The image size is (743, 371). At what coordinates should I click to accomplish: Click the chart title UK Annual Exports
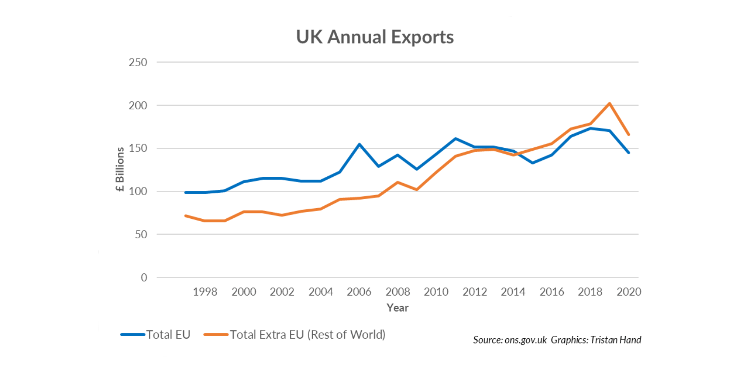click(x=375, y=37)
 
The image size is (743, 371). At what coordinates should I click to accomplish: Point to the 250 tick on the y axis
click(x=138, y=62)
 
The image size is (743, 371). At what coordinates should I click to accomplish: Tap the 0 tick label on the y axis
click(x=144, y=278)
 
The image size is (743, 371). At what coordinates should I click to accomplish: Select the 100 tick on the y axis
click(x=138, y=192)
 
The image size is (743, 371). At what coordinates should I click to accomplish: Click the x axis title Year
click(x=397, y=308)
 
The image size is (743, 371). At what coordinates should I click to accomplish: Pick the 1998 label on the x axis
click(x=205, y=292)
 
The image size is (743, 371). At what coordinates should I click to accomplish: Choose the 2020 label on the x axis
click(x=629, y=292)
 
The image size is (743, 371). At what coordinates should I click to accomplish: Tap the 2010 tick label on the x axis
click(x=436, y=292)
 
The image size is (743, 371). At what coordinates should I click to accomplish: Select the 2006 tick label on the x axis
click(x=359, y=292)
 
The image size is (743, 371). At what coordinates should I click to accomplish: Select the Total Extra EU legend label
click(x=308, y=334)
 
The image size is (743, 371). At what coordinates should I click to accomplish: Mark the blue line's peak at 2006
click(x=359, y=144)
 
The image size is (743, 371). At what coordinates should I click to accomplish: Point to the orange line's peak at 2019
click(x=610, y=103)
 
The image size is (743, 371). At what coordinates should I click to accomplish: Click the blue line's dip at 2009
click(x=416, y=169)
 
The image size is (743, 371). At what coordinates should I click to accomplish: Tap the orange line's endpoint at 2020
click(x=629, y=134)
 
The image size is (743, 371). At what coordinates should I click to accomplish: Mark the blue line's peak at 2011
click(x=455, y=139)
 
